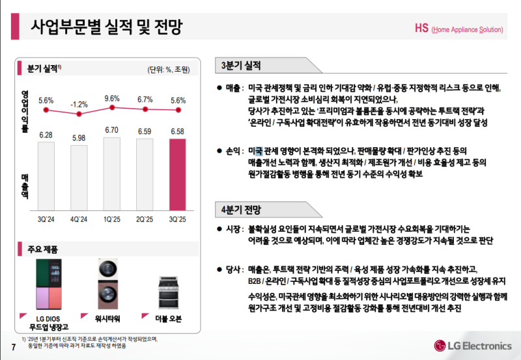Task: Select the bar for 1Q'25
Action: [112, 174]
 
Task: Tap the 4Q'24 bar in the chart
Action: [79, 178]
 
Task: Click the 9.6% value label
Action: [112, 98]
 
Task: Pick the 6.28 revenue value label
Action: [46, 135]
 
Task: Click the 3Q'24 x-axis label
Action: [46, 219]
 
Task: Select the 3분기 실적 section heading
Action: [241, 65]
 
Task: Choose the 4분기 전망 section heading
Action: [241, 210]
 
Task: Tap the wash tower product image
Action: [108, 284]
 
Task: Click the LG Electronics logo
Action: [474, 343]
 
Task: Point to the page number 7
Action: [12, 345]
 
